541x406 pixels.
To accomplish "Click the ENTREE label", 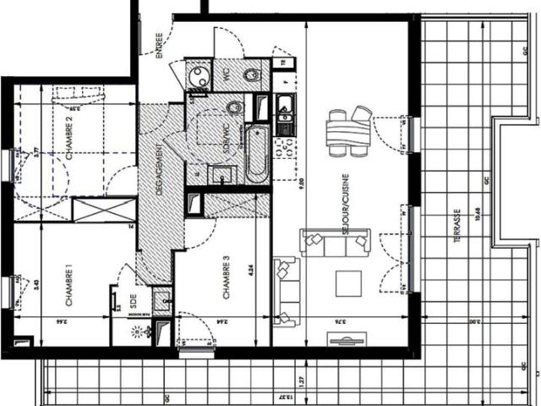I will coord(159,46).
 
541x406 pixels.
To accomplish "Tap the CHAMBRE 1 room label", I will coord(68,285).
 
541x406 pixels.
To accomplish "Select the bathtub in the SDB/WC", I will coord(256,154).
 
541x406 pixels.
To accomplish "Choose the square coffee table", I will coord(348,283).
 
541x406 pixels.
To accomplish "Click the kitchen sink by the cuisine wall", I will coord(284,107).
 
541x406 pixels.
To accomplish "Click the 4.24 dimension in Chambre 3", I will coord(251,272).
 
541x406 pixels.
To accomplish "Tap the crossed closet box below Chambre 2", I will coord(104,209).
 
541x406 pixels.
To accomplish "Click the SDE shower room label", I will coord(132,299).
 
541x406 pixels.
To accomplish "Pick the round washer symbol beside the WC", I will coord(198,74).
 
